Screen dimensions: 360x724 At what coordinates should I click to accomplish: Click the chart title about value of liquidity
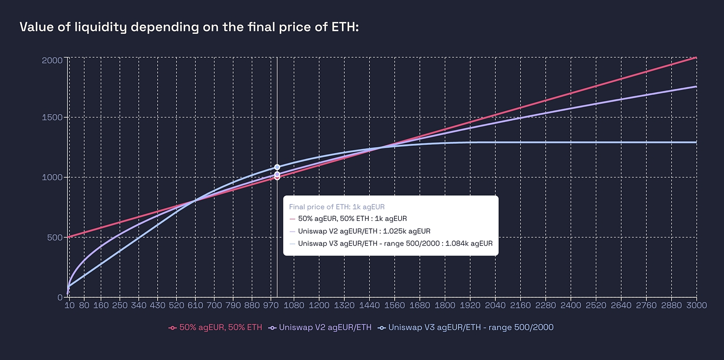pos(189,27)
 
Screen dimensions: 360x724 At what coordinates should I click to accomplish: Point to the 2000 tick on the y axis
pos(52,60)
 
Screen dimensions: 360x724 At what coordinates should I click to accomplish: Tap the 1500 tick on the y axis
pos(52,117)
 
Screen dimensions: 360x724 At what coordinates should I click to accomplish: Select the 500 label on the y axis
pos(55,237)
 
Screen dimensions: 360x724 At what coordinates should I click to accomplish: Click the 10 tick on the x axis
pos(69,306)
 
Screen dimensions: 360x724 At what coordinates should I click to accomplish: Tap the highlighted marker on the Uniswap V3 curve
pos(277,167)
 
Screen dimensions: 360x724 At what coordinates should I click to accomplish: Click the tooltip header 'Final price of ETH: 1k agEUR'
pos(337,207)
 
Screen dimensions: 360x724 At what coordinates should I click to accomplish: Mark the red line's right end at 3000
pos(696,58)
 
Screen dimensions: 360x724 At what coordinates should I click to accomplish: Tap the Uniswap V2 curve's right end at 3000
pos(696,86)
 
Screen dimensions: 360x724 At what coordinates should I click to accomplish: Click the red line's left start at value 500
pos(69,237)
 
